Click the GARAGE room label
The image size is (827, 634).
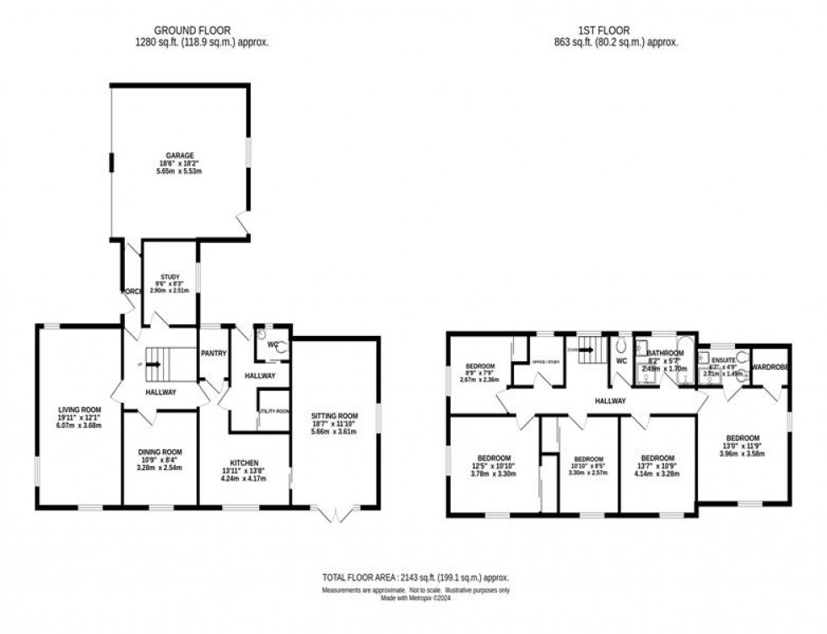pyautogui.click(x=179, y=155)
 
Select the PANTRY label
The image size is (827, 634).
pyautogui.click(x=213, y=353)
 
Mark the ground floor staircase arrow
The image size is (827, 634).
pyautogui.click(x=155, y=366)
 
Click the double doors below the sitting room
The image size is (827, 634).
pyautogui.click(x=335, y=513)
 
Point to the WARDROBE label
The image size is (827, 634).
pyautogui.click(x=770, y=367)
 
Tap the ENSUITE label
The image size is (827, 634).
pyautogui.click(x=722, y=357)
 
